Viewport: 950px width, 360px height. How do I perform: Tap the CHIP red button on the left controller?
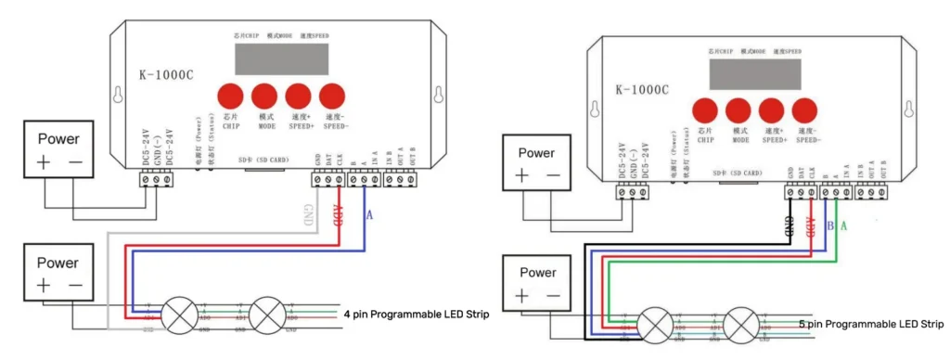tap(231, 95)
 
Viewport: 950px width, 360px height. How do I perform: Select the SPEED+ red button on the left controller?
tap(298, 95)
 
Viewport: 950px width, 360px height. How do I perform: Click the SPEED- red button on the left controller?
tap(331, 95)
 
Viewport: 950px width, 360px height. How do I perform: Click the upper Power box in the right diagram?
tap(538, 164)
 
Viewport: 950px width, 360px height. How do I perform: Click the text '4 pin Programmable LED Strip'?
tap(416, 314)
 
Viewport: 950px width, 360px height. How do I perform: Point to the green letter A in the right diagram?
tap(843, 225)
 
